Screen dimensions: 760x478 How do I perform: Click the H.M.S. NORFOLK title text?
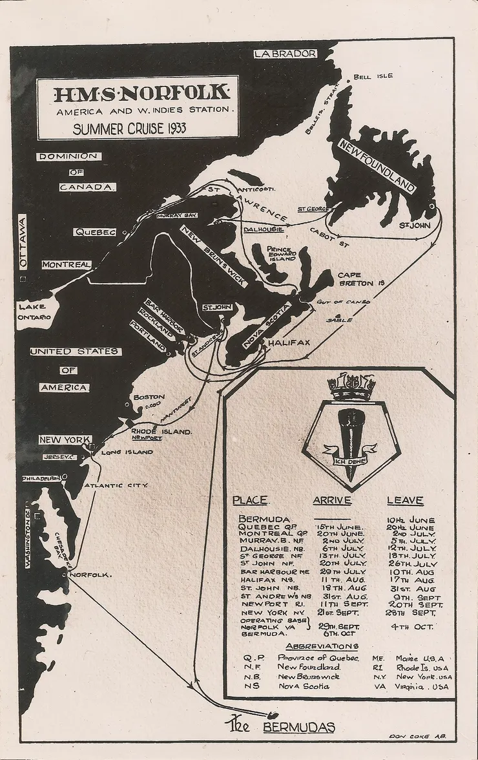(141, 94)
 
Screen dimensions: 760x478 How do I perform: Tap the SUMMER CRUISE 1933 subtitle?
(130, 128)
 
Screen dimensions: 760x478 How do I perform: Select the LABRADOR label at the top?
(285, 54)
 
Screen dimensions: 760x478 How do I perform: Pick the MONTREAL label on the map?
(67, 265)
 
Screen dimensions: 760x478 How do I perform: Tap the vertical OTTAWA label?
(23, 242)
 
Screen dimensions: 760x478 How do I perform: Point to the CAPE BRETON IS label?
(361, 279)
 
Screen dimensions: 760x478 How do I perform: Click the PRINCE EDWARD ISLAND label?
(279, 253)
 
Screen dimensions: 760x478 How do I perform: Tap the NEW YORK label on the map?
(64, 440)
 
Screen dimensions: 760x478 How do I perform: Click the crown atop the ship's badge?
(351, 386)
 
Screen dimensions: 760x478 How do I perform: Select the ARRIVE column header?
(332, 501)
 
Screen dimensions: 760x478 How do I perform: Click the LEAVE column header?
(405, 501)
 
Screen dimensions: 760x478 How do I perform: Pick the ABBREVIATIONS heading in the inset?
(322, 646)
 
